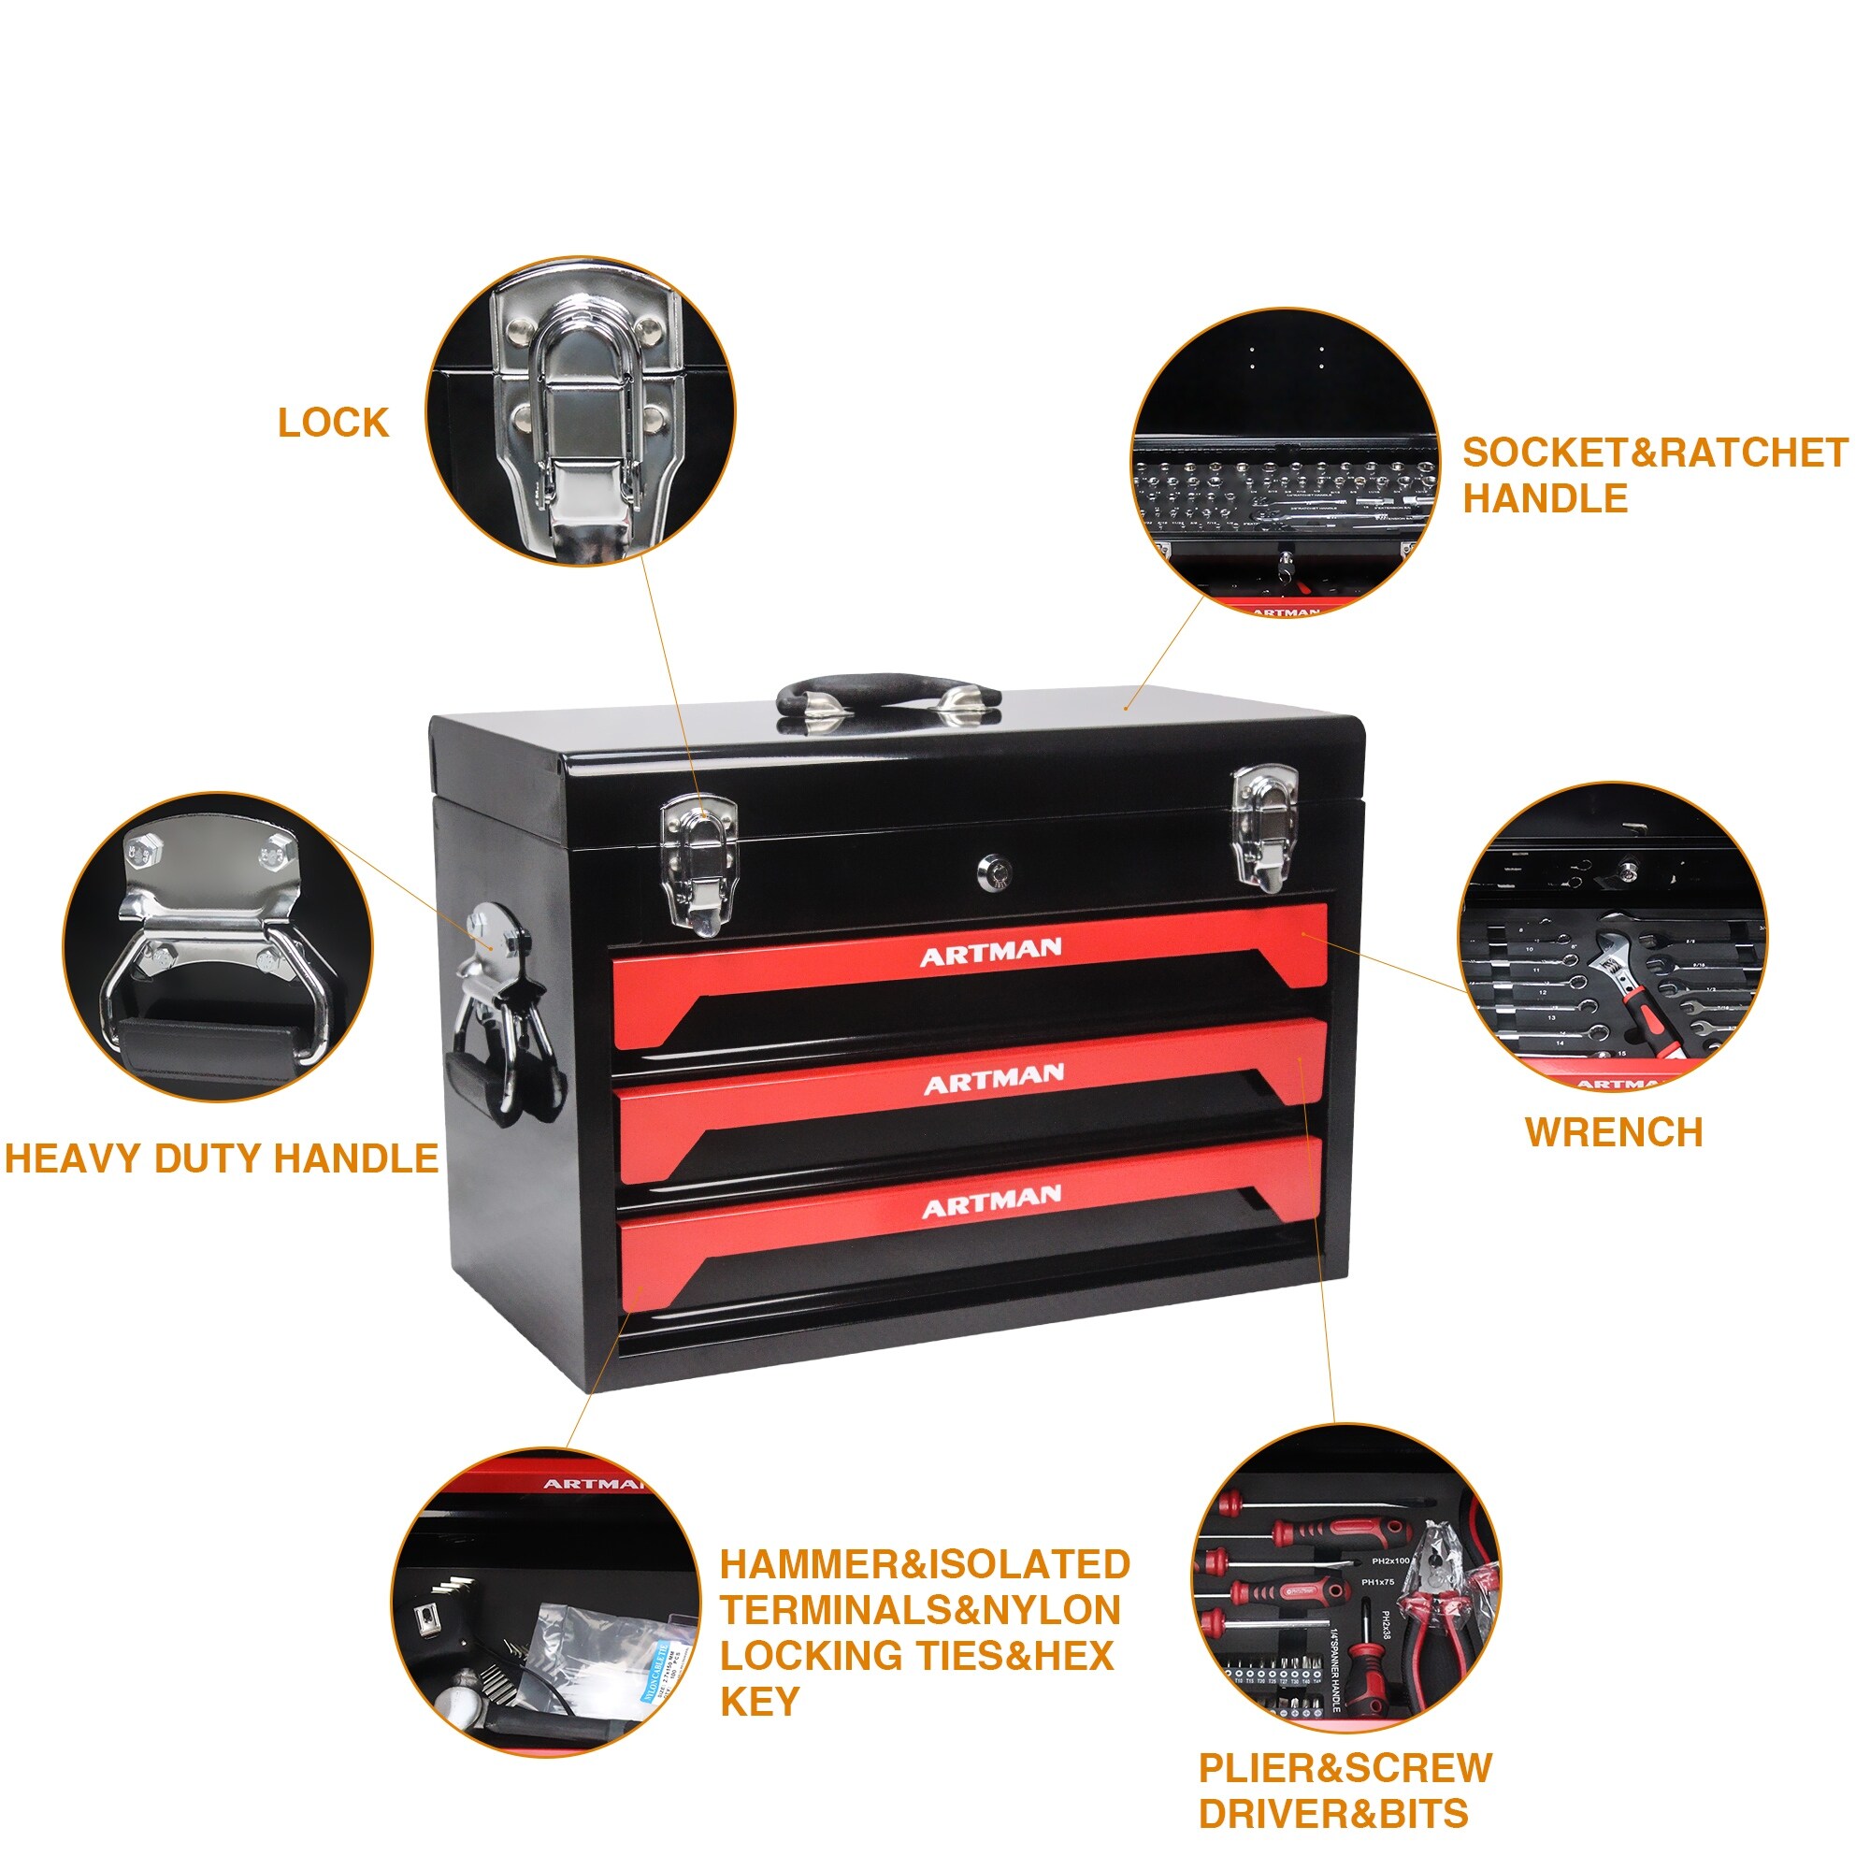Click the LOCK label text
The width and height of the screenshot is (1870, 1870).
tap(333, 423)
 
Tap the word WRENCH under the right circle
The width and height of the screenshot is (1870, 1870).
tap(1613, 1132)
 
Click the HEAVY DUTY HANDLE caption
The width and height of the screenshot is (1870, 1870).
tap(222, 1158)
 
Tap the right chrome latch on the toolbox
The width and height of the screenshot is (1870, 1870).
tap(1265, 827)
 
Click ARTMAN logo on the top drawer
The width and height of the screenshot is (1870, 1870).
tap(990, 953)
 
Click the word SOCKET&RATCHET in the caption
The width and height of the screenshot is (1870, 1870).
tap(1654, 453)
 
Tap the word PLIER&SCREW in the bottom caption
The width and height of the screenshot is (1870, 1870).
tap(1345, 1767)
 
